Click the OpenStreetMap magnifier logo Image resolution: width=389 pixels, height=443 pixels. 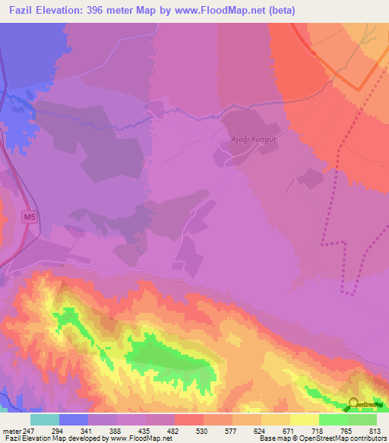(354, 404)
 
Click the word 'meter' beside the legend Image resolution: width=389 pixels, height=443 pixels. (11, 430)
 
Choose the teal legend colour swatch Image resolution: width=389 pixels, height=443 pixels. (44, 419)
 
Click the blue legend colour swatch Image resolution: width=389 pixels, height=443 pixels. (73, 419)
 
